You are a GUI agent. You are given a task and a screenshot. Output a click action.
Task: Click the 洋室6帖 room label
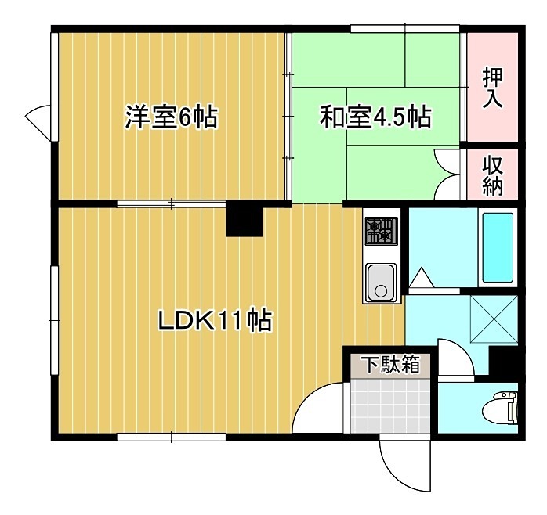(171, 118)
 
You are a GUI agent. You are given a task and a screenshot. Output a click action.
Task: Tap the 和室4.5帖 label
(375, 118)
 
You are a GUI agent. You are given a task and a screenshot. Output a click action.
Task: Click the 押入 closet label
(493, 88)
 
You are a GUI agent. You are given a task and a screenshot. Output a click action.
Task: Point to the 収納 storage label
(493, 177)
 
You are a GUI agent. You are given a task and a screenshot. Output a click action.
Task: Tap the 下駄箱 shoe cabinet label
(390, 365)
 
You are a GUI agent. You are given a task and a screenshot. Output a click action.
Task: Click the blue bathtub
(498, 246)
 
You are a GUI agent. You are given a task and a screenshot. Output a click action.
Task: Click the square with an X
(493, 319)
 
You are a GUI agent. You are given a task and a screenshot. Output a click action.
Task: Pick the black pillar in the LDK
(244, 219)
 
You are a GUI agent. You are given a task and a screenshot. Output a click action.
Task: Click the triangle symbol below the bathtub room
(420, 278)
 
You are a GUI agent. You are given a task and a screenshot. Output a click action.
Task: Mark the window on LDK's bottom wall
(171, 436)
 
